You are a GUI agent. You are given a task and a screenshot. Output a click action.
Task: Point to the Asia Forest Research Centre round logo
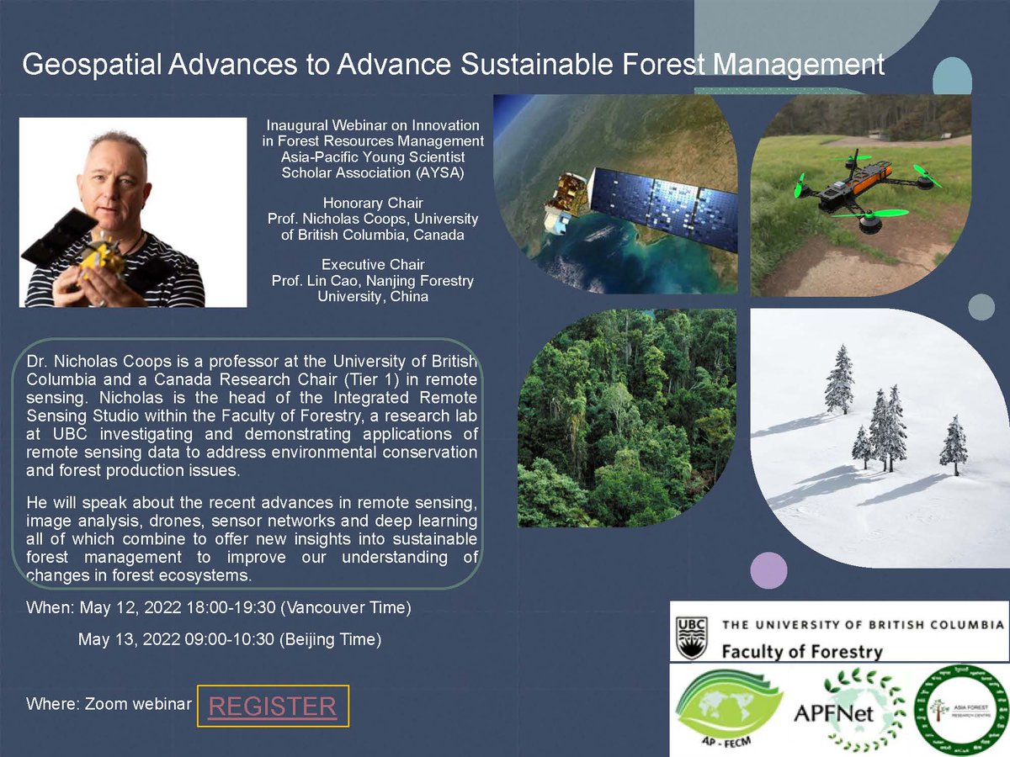(959, 709)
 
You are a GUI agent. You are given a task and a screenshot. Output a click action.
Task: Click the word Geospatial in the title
(93, 65)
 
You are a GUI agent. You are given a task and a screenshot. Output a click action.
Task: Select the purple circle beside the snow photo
(768, 570)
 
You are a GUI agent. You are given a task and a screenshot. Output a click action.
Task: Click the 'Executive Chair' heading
(372, 265)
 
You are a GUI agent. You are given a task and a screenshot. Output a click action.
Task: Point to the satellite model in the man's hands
(101, 257)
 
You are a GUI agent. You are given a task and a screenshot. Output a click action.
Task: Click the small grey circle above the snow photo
(981, 307)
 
